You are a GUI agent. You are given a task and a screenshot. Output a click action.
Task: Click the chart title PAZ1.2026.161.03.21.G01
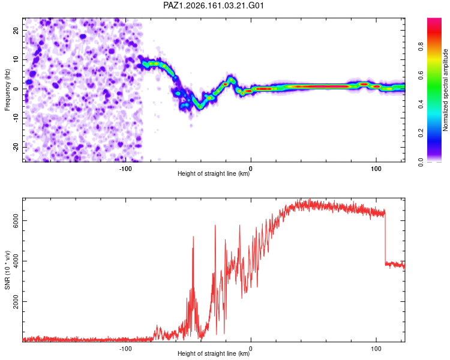[214, 5]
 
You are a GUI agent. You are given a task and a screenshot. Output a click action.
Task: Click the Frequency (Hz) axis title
[7, 90]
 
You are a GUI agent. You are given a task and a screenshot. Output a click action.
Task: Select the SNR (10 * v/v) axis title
[7, 270]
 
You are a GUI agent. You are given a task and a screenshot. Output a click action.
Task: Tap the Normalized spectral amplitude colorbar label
[445, 90]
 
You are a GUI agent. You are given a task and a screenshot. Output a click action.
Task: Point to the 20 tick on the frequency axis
[16, 31]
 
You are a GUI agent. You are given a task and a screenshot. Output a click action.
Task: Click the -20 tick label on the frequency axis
[16, 147]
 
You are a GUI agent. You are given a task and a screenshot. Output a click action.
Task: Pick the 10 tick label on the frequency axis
[16, 59]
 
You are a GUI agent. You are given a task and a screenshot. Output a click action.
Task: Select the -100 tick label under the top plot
[125, 169]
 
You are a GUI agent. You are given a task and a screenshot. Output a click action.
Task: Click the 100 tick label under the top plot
[376, 169]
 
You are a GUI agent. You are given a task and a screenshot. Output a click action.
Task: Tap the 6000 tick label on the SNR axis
[16, 220]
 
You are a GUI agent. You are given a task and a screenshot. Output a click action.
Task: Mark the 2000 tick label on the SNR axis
[16, 301]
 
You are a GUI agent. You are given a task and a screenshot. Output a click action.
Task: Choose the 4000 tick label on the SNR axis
[16, 261]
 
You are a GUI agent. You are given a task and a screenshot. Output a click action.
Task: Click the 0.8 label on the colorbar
[421, 47]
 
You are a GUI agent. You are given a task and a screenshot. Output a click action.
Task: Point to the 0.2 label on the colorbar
[421, 133]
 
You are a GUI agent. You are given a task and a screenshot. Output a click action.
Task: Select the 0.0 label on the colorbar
[421, 162]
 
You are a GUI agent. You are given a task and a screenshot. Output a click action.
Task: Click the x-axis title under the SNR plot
[214, 353]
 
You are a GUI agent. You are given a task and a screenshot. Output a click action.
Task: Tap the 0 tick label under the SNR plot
[251, 349]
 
